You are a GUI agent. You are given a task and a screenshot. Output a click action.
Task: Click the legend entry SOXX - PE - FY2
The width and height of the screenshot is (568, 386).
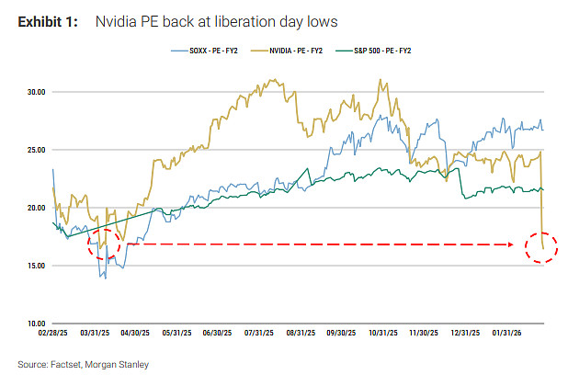(204, 51)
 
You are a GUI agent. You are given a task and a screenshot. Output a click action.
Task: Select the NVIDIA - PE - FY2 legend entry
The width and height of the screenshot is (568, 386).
(287, 51)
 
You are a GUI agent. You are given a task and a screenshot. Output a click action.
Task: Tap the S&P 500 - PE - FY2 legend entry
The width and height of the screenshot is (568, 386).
(373, 51)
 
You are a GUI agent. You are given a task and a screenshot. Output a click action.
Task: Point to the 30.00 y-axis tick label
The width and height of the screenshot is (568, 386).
(37, 92)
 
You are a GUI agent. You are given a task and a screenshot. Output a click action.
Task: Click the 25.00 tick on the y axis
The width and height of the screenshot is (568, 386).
(37, 150)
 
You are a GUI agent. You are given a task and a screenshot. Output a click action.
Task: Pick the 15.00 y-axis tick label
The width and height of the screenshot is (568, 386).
(37, 266)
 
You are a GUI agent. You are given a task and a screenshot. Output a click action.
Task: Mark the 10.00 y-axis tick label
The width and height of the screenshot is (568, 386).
(37, 324)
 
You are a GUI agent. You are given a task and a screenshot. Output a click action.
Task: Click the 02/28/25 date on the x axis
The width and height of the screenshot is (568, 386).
(53, 333)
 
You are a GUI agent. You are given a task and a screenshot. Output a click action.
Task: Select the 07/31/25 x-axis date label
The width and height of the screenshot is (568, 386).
(259, 333)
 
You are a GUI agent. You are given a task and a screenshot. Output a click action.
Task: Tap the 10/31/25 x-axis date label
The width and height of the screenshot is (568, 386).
(383, 333)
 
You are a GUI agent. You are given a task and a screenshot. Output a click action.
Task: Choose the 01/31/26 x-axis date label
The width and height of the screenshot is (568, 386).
(506, 333)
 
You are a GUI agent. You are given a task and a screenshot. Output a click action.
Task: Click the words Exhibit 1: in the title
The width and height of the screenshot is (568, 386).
(48, 22)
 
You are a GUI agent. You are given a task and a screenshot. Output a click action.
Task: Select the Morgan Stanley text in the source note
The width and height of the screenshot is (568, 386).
(117, 364)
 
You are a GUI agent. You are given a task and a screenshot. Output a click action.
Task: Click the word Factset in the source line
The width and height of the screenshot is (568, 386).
(66, 364)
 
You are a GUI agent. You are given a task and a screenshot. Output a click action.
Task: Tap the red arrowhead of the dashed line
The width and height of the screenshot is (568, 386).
(510, 244)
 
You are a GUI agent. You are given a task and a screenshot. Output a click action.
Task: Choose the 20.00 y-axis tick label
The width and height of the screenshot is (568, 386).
(37, 208)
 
